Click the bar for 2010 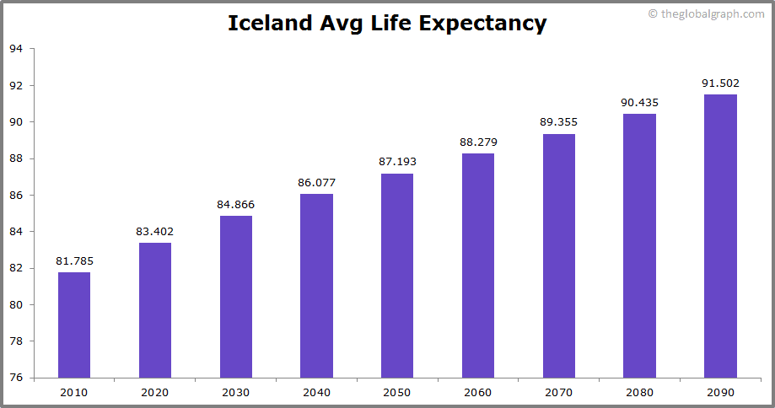click(74, 325)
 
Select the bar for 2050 click(397, 276)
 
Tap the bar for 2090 click(720, 236)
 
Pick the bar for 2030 click(236, 297)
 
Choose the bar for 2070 click(559, 255)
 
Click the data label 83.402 click(155, 231)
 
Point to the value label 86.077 click(316, 182)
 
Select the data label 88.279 click(477, 142)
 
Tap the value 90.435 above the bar click(639, 102)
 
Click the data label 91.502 click(720, 83)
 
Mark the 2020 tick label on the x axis click(155, 392)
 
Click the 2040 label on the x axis click(316, 392)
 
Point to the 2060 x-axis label click(477, 392)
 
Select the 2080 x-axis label click(639, 392)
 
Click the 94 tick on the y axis click(16, 49)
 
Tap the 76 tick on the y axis click(16, 378)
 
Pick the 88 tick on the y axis click(16, 158)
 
